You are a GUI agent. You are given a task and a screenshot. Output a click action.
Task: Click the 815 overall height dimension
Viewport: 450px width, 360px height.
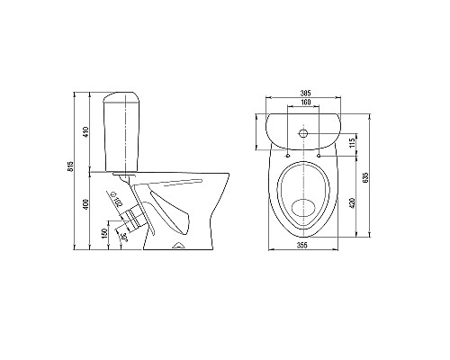point(71,166)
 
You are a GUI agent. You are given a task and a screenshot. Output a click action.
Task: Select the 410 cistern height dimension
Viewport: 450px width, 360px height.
point(86,132)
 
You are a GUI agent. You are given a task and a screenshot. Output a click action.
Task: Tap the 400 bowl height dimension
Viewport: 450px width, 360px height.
point(86,204)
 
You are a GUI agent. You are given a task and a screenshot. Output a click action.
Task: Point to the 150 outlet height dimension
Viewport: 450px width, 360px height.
point(104,233)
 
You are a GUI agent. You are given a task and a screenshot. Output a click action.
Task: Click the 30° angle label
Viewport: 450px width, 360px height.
point(124,238)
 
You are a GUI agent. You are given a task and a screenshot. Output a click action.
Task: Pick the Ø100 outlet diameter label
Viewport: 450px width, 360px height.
point(117,199)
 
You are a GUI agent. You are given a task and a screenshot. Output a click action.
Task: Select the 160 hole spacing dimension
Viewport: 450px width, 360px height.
point(305,103)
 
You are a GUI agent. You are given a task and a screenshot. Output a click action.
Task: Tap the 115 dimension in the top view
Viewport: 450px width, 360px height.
point(352,142)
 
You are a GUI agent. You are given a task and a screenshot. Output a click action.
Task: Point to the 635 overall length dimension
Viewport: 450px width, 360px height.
point(365,177)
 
